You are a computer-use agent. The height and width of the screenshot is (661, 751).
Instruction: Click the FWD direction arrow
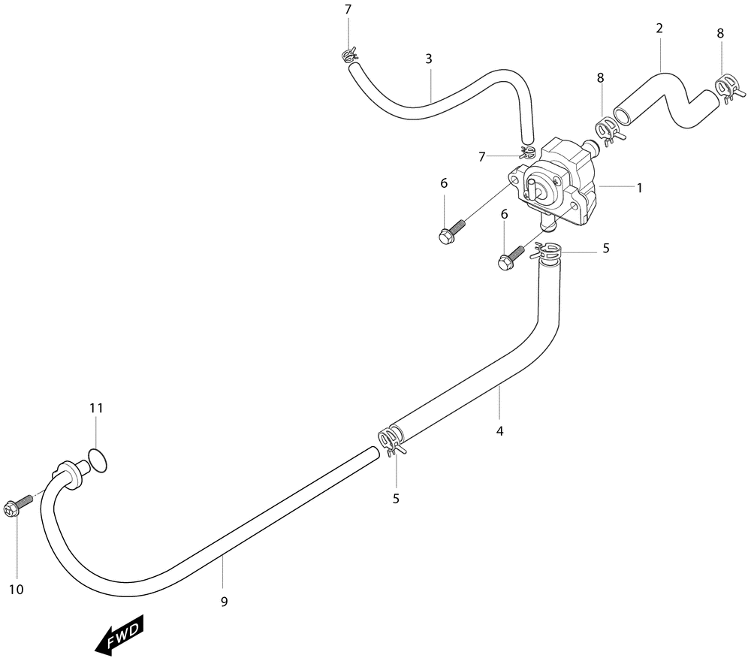(119, 635)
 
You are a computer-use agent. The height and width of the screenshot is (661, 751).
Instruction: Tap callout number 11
(96, 408)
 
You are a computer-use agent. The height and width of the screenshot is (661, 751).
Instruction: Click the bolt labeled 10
(17, 504)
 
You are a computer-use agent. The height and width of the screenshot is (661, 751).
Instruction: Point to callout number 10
(17, 589)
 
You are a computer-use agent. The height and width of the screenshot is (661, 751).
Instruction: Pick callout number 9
(224, 602)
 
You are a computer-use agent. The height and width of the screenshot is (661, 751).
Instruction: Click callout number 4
(499, 431)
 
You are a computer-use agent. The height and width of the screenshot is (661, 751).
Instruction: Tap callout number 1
(639, 188)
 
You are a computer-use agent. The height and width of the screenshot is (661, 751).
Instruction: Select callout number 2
(659, 29)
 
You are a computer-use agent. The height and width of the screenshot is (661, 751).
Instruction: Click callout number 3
(429, 59)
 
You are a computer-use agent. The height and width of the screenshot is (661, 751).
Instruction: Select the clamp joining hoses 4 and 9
(391, 441)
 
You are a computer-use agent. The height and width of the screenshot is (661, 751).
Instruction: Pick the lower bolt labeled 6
(511, 257)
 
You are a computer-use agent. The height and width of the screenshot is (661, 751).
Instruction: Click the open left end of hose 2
(622, 116)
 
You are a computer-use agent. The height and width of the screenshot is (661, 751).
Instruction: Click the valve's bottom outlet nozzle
(546, 223)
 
